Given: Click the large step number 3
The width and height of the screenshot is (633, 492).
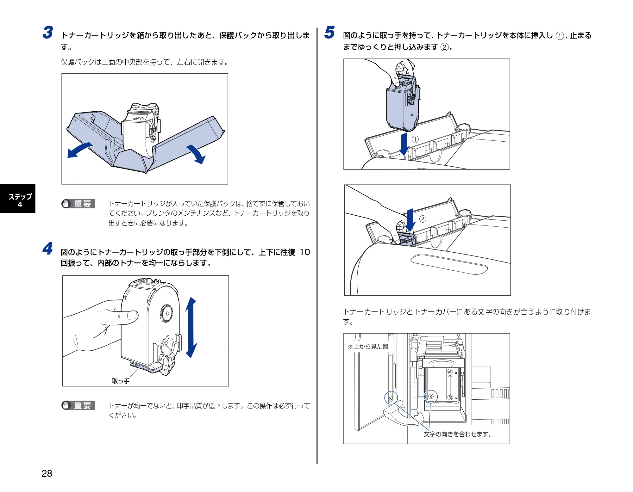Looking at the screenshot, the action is click(48, 33).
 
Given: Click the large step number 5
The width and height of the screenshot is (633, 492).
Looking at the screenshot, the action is click(329, 33).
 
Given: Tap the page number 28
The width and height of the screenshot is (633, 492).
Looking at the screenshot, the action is click(47, 473).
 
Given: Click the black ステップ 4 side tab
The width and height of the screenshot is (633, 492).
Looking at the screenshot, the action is click(18, 199).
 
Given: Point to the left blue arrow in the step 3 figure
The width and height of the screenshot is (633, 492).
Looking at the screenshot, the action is click(79, 150).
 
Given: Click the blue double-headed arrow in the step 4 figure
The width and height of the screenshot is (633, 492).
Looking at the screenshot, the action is click(191, 328).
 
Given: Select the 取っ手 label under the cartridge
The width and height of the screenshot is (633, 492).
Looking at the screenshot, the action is click(121, 381).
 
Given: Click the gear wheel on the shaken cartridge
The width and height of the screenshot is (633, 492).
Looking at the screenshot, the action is click(166, 313).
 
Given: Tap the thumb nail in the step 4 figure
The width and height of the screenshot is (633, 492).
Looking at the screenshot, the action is click(132, 315).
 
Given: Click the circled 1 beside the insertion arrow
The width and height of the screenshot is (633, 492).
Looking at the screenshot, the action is click(415, 139).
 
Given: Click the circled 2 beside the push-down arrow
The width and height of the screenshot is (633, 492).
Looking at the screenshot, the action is click(423, 219).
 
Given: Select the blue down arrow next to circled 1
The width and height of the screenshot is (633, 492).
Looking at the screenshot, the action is click(404, 144).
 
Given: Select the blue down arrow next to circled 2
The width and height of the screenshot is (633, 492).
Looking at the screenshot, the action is click(410, 220).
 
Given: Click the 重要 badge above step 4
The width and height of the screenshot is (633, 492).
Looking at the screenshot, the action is click(78, 204).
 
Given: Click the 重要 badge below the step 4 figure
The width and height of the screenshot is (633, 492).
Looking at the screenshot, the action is click(78, 405).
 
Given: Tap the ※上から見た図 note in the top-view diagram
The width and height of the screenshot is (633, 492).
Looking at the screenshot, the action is click(368, 347).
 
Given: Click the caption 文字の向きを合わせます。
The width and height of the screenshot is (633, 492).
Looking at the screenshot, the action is click(458, 434).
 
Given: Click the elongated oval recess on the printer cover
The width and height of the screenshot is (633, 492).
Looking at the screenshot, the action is click(449, 264).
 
